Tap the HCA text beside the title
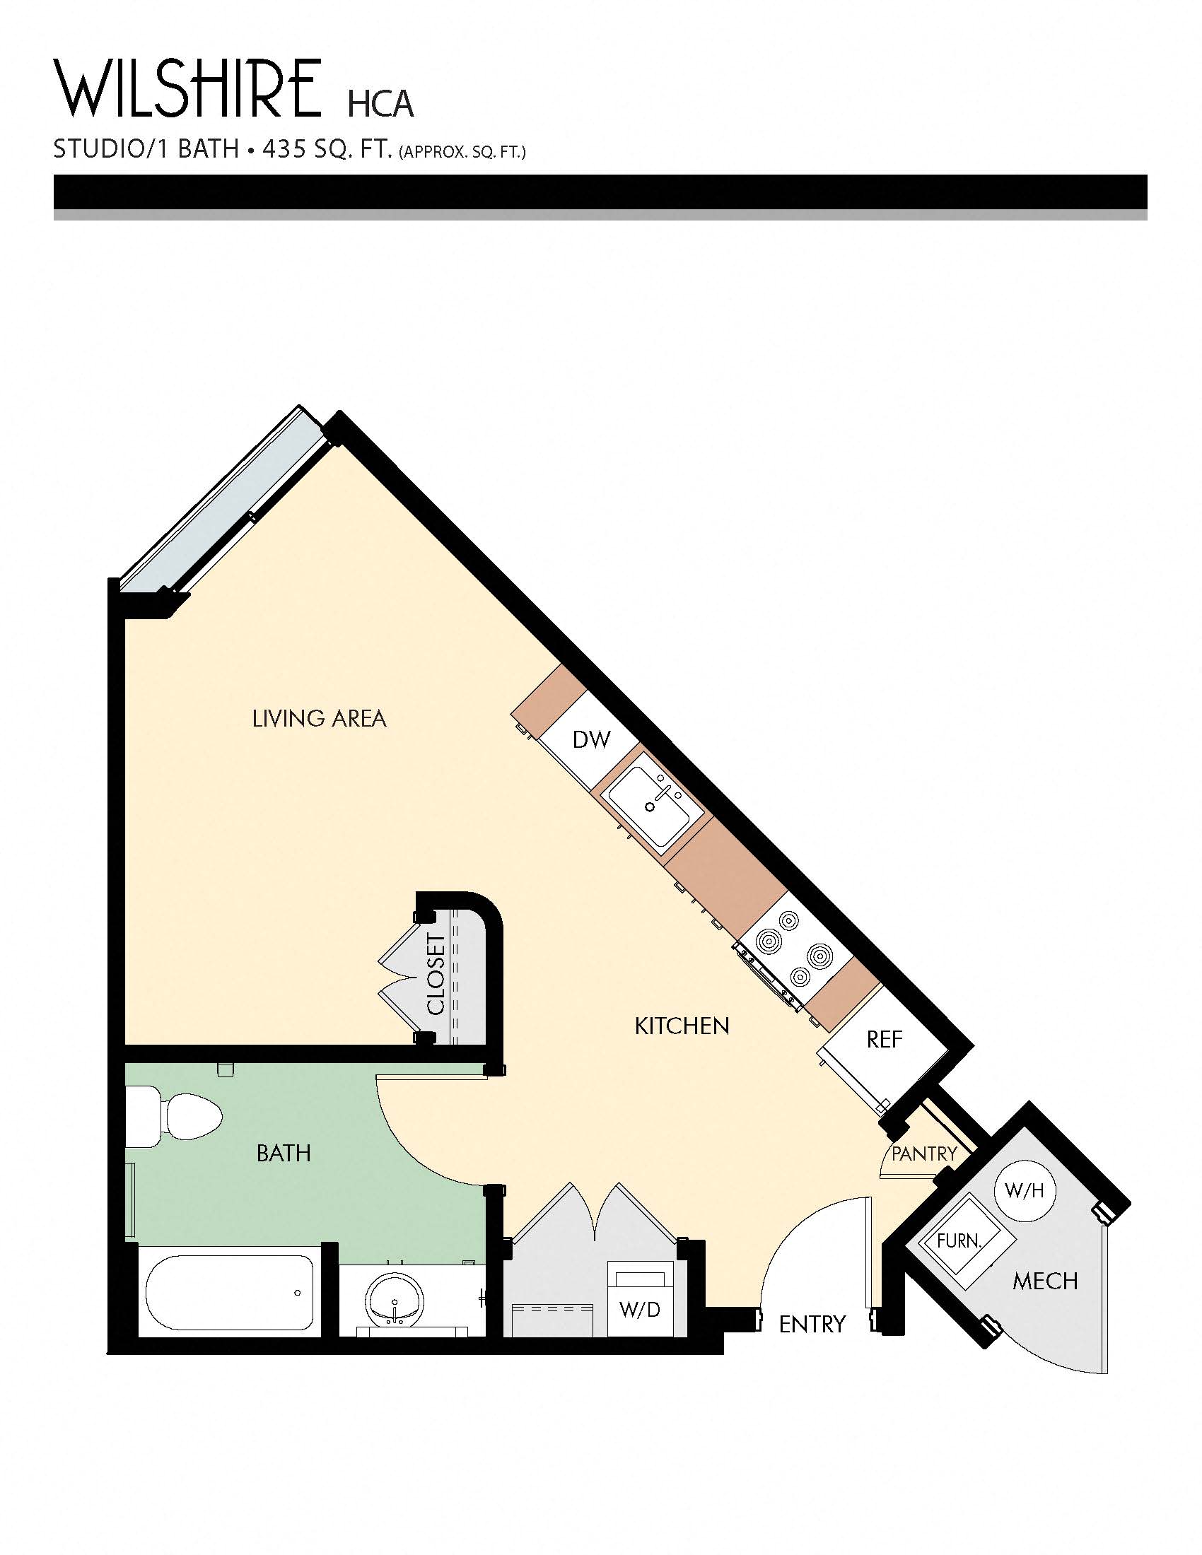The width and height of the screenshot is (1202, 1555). (x=380, y=104)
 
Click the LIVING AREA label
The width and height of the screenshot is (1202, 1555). (x=319, y=718)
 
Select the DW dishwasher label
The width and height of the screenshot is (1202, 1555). (x=591, y=740)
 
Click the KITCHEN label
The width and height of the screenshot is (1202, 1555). (x=682, y=1026)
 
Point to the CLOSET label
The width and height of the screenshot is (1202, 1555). (x=436, y=974)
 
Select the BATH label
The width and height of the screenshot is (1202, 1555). (x=284, y=1153)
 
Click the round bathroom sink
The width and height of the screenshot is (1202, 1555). (x=395, y=1301)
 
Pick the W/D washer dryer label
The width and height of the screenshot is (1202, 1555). (x=639, y=1308)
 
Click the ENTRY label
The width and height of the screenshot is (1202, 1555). (x=812, y=1324)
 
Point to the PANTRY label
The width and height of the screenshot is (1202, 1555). (x=923, y=1154)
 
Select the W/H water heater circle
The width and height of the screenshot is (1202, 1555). (x=1024, y=1190)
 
